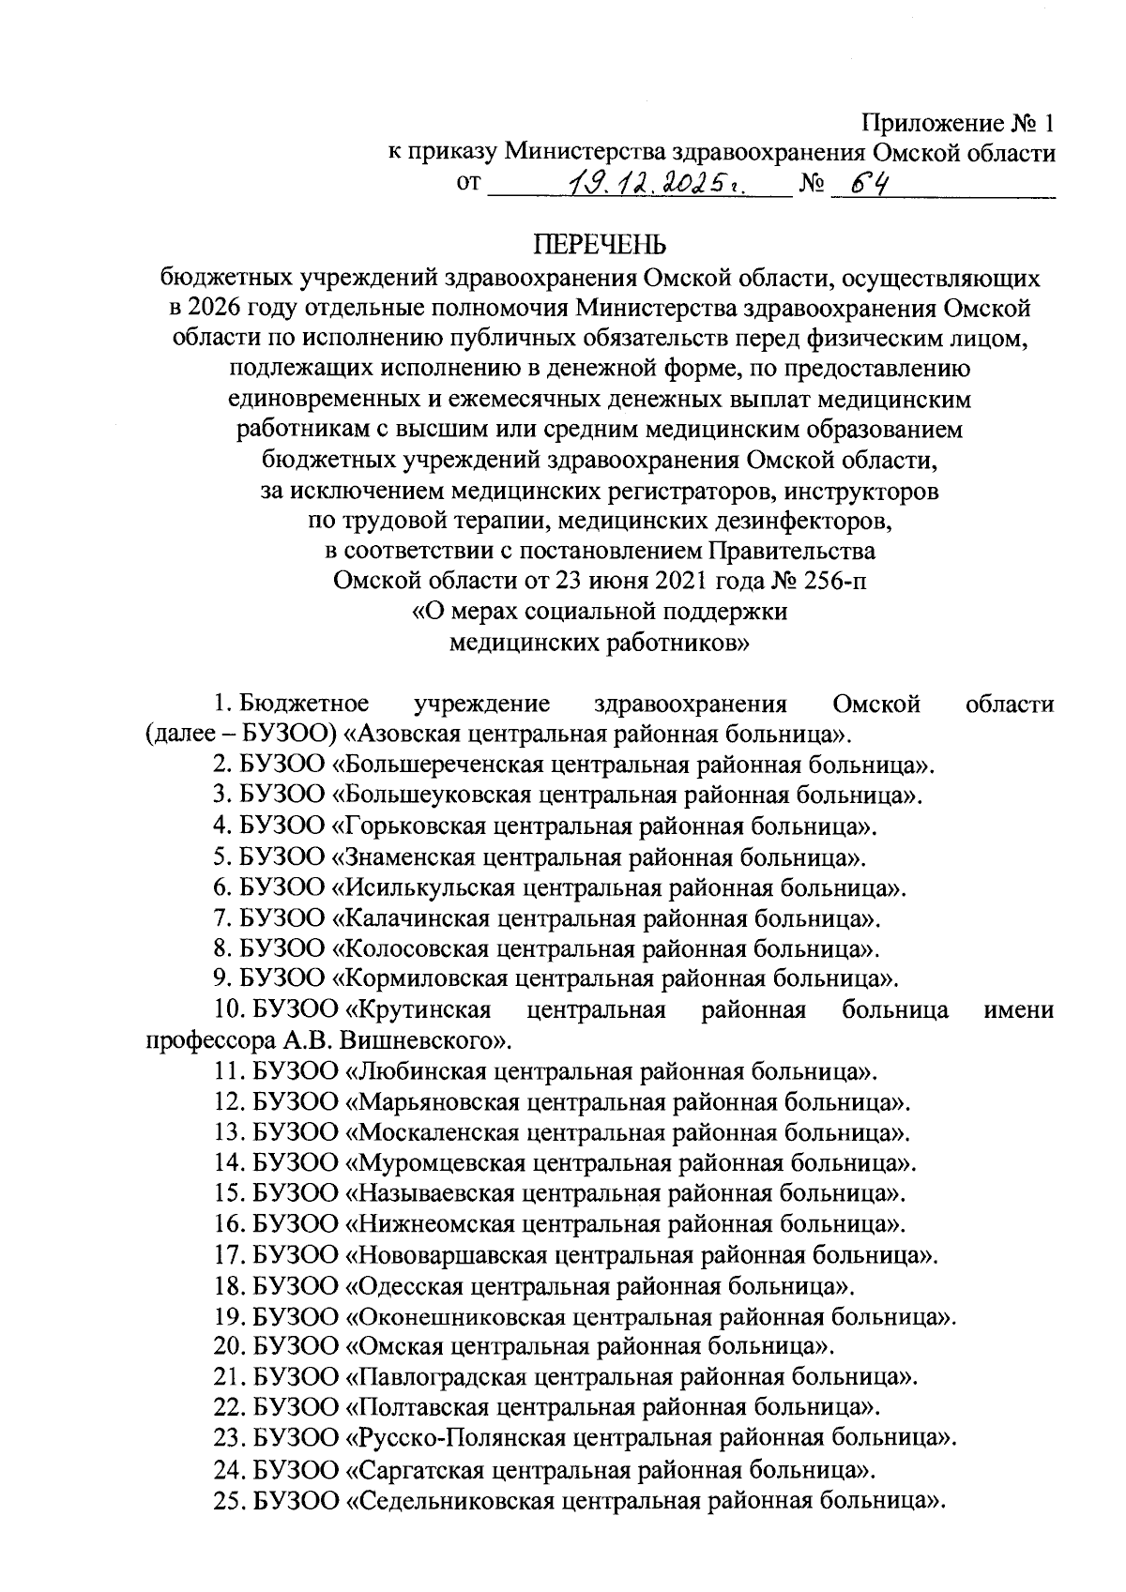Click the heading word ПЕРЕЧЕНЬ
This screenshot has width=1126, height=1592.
601,246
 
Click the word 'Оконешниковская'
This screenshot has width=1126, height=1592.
454,1316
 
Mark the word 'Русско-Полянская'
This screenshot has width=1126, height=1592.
457,1438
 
